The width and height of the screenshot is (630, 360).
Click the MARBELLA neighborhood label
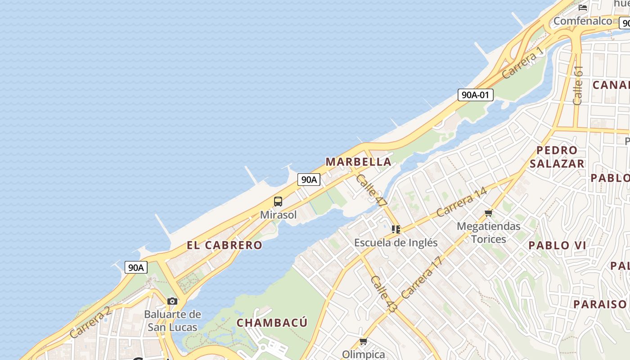[358, 162]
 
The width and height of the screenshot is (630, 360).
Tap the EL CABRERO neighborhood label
[224, 245]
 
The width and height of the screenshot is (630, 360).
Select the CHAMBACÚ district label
[272, 323]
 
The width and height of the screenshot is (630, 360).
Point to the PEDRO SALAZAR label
[557, 157]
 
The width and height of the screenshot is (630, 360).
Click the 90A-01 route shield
[476, 95]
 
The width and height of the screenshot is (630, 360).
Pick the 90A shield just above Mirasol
[309, 180]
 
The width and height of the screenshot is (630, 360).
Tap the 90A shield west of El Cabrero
[135, 267]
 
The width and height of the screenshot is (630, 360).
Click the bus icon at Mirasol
[278, 202]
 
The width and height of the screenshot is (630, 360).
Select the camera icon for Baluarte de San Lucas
[172, 301]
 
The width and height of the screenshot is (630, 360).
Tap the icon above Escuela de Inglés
[396, 229]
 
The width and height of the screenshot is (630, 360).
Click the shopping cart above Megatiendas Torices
[489, 213]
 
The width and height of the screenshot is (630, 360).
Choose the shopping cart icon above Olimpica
[363, 342]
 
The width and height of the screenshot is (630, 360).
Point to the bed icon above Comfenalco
[583, 7]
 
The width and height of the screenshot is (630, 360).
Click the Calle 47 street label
[371, 191]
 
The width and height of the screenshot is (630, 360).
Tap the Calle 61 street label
[578, 85]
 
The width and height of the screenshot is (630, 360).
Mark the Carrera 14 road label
[461, 202]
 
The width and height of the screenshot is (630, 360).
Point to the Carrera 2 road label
[90, 323]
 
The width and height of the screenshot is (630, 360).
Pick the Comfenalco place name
[583, 21]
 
